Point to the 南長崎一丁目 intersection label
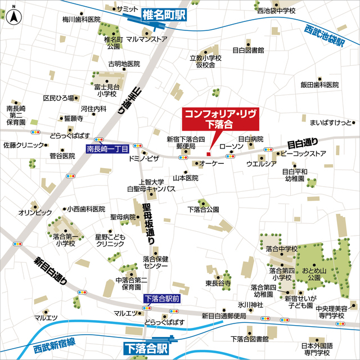(108, 149)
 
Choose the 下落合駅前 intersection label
(161, 299)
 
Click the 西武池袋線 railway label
(325, 36)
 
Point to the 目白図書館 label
(247, 51)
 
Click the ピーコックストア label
(303, 154)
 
